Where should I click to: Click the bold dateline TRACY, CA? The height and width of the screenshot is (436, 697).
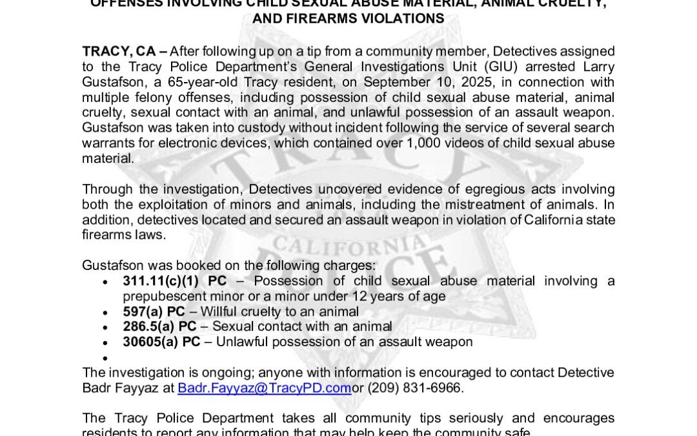pyautogui.click(x=119, y=52)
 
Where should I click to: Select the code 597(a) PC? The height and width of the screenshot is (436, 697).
pyautogui.click(x=154, y=311)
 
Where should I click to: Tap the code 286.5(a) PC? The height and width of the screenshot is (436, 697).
pyautogui.click(x=159, y=327)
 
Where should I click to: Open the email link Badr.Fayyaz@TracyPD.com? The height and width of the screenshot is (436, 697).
pyautogui.click(x=264, y=389)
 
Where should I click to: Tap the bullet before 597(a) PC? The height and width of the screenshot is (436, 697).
pyautogui.click(x=106, y=312)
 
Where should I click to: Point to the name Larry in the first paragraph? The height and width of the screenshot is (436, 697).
pyautogui.click(x=598, y=67)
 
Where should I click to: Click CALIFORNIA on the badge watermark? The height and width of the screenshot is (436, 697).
pyautogui.click(x=348, y=247)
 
